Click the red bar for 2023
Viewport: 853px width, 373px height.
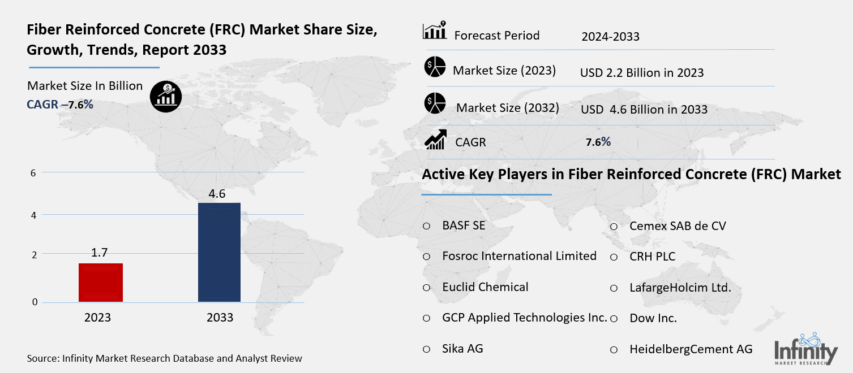tap(101, 282)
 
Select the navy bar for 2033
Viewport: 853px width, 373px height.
tap(219, 252)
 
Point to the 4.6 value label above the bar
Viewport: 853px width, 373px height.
tap(217, 194)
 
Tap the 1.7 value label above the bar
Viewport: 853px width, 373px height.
tap(100, 253)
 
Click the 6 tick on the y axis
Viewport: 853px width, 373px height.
tap(33, 173)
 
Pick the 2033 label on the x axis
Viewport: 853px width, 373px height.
tap(220, 318)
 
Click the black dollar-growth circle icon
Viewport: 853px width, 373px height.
tap(166, 96)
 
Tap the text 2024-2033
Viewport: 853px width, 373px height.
tap(610, 37)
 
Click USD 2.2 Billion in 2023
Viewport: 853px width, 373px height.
tap(642, 72)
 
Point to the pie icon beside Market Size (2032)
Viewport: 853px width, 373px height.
tap(435, 103)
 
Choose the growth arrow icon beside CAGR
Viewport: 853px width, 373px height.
tap(435, 140)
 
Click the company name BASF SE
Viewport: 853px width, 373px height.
tap(464, 225)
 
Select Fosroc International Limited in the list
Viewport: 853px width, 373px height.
tap(519, 256)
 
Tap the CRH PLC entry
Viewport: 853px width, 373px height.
tap(652, 257)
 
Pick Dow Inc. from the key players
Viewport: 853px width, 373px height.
tap(653, 318)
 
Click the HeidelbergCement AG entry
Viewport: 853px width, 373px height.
tap(691, 349)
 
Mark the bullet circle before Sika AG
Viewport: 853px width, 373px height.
tap(427, 349)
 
